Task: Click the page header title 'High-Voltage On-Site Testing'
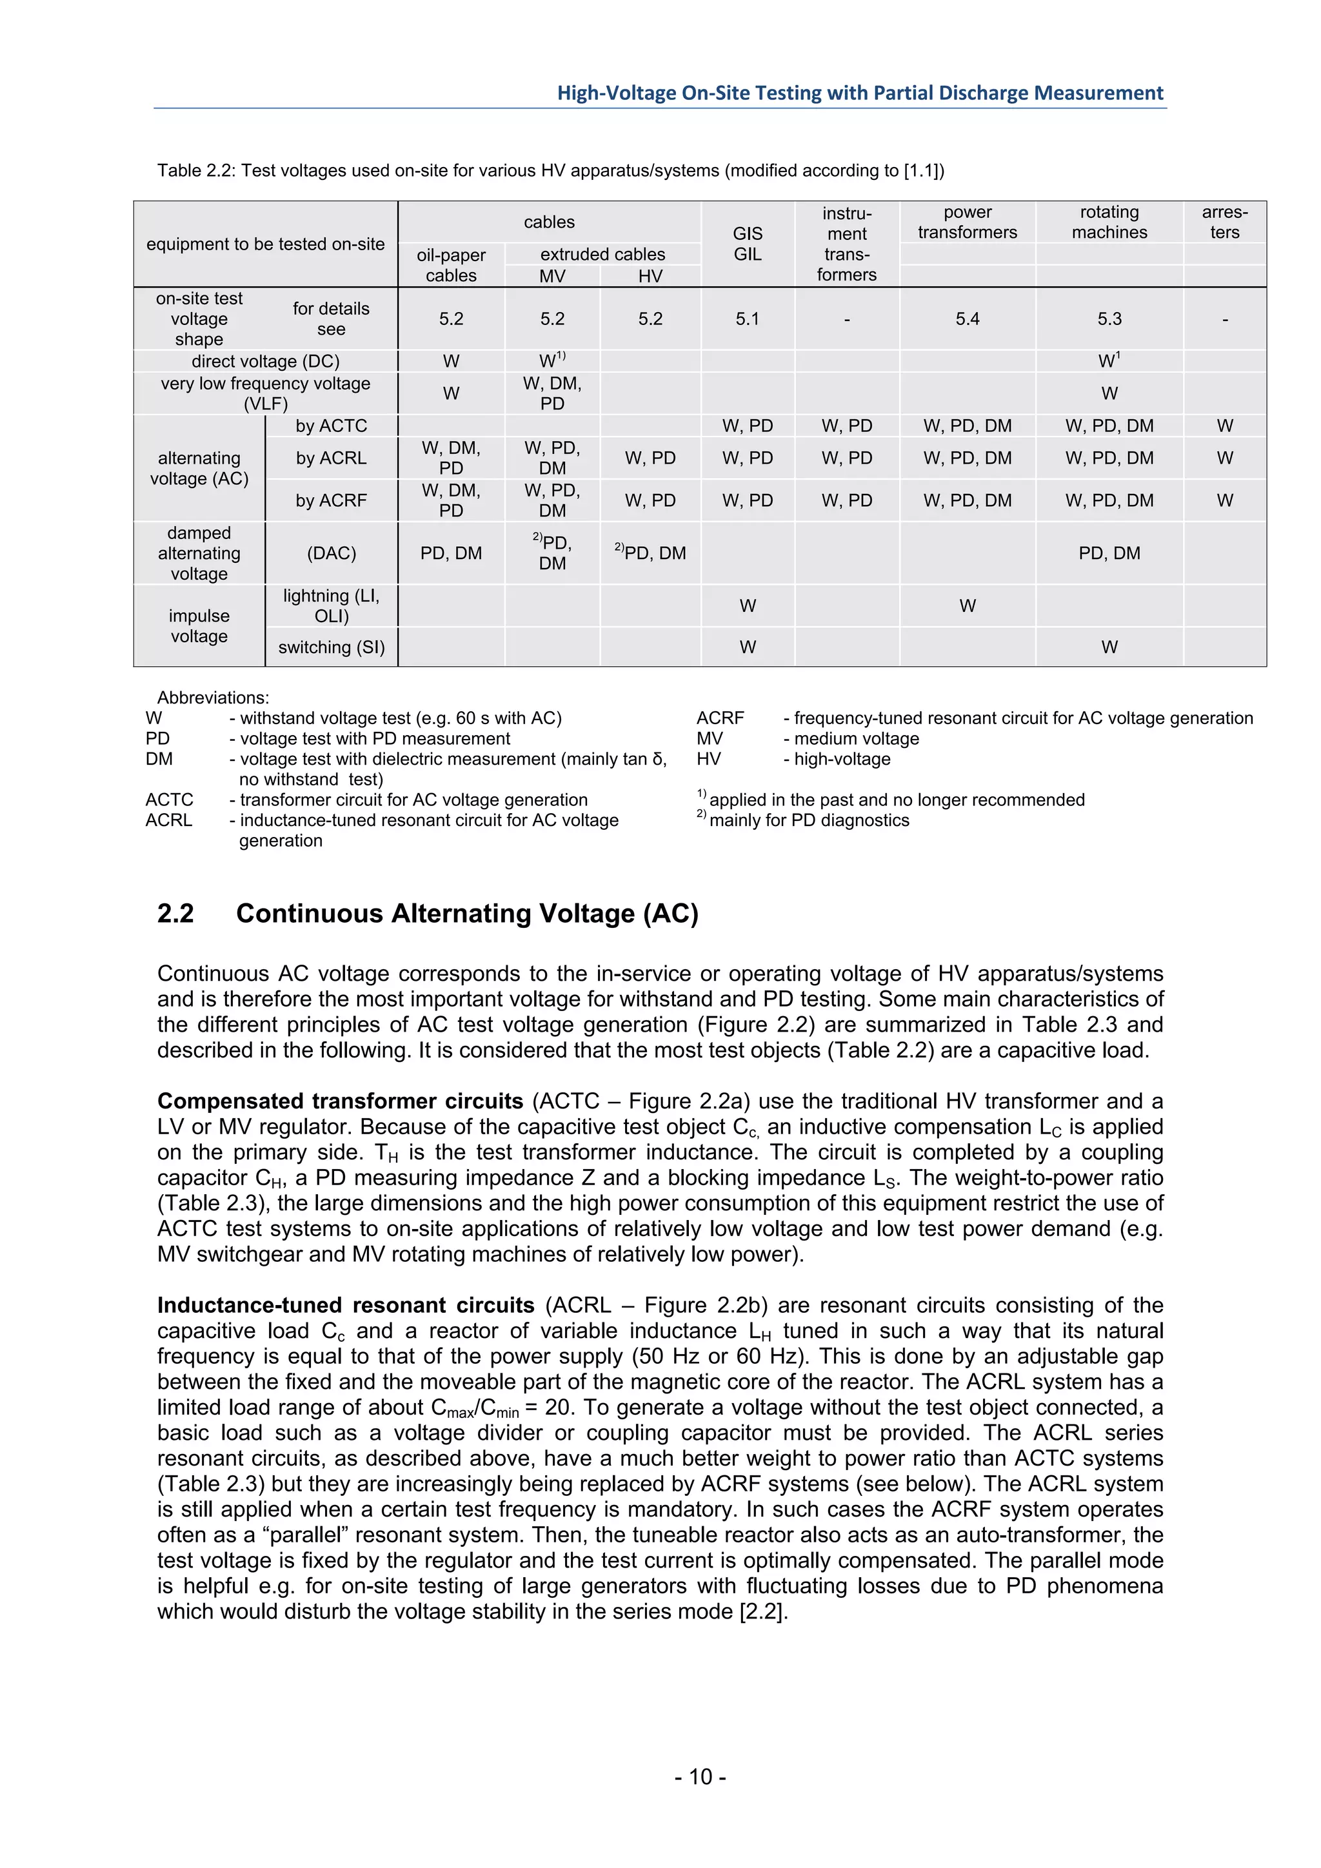[860, 93]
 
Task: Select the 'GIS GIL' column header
[747, 243]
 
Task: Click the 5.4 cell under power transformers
[967, 319]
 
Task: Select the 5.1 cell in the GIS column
[747, 319]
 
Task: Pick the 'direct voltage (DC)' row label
[265, 361]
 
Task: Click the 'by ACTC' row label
[332, 426]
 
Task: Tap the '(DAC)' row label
[332, 553]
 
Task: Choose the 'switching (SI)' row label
[332, 647]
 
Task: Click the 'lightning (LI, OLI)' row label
[332, 605]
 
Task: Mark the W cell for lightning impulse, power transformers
[967, 605]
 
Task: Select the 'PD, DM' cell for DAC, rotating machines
[1109, 553]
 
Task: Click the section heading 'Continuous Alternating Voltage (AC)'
[466, 914]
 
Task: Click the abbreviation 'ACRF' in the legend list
[720, 718]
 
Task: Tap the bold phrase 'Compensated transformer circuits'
[340, 1101]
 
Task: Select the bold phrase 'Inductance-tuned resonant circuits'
[345, 1305]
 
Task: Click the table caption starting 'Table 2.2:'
[550, 171]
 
